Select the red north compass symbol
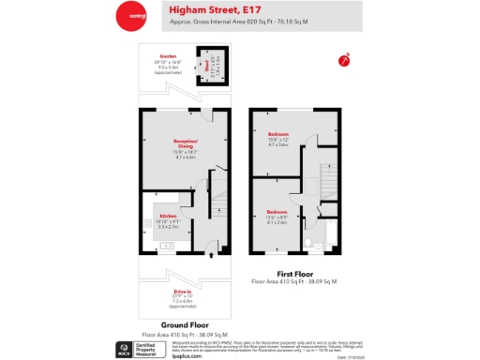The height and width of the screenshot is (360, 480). click(x=344, y=60)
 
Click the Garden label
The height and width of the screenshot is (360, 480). click(x=168, y=55)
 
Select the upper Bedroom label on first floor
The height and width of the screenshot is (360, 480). click(x=278, y=135)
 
